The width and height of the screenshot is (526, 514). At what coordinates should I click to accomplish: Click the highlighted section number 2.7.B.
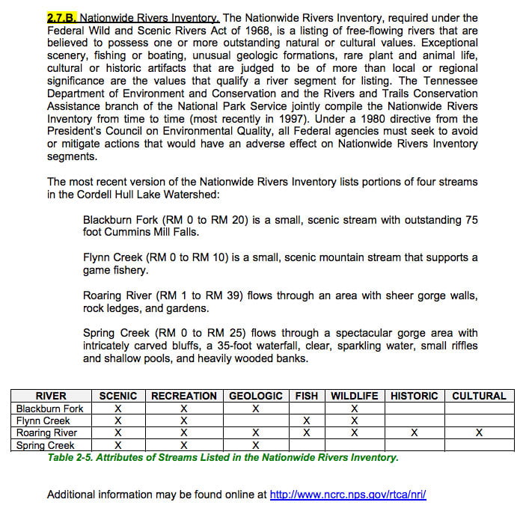point(62,16)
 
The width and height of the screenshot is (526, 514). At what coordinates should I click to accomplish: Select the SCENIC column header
point(118,396)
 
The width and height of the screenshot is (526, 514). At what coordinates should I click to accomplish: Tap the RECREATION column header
point(184,396)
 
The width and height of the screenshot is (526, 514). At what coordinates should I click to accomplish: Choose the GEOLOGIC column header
point(256,396)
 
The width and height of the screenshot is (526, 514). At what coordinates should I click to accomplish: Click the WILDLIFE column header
point(354,396)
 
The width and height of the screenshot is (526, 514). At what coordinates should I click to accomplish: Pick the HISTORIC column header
point(414,396)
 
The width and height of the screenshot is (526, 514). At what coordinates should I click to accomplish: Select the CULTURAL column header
point(479,396)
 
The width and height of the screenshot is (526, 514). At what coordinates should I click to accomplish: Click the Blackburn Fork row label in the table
point(51,409)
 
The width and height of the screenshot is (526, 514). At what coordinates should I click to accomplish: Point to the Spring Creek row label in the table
point(46,445)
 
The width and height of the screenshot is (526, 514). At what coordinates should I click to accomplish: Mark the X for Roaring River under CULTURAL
point(479,433)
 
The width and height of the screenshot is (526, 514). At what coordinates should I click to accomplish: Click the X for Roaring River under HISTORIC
point(414,433)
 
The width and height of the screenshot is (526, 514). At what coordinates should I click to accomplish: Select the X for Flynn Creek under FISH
point(306,420)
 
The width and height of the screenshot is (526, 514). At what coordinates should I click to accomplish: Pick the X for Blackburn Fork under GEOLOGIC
point(256,409)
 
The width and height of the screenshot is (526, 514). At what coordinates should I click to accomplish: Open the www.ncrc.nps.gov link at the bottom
point(347,495)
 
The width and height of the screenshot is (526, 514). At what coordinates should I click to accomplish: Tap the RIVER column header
point(51,396)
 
